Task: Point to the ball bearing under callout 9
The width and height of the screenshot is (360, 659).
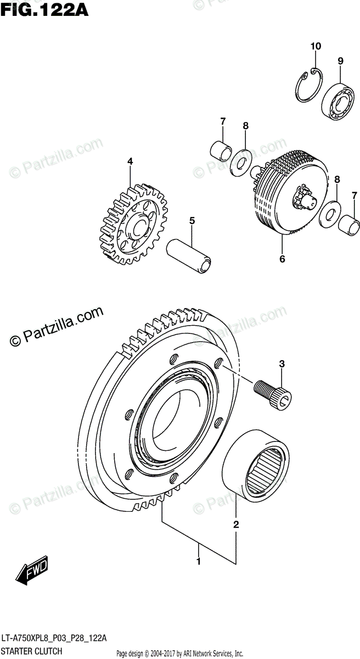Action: (339, 101)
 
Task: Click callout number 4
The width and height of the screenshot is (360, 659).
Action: (130, 161)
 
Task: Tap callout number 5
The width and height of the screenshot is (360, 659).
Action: (192, 221)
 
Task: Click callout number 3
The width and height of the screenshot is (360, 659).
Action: (282, 364)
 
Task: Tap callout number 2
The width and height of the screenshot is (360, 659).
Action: (236, 524)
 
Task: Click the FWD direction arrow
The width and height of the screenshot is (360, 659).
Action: (32, 571)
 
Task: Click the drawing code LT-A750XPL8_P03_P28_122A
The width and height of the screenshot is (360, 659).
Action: (54, 638)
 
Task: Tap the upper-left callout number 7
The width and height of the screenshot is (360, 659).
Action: (223, 121)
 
